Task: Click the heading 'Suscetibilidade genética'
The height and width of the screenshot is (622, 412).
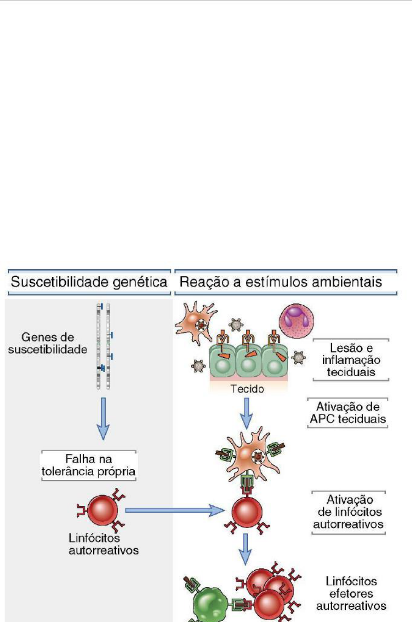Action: point(89,282)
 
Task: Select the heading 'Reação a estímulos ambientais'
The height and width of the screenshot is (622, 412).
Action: point(280,282)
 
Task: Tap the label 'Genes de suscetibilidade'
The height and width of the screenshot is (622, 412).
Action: point(48,343)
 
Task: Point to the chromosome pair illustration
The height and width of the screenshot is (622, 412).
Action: point(104,346)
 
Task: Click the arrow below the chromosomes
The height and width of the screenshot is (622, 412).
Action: point(104,419)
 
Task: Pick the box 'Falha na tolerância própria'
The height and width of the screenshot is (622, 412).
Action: point(89,465)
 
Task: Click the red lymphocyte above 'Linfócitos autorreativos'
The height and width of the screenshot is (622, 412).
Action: point(103,510)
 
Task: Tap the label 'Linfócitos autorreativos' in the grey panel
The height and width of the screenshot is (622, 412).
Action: point(103,544)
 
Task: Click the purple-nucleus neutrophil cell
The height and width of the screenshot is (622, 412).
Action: point(297,321)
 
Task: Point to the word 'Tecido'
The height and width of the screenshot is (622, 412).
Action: point(247,389)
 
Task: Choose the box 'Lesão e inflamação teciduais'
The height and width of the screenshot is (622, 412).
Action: point(351,360)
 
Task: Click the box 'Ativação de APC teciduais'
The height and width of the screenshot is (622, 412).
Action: point(348,413)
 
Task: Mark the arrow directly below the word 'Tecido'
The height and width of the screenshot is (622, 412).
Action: point(247,413)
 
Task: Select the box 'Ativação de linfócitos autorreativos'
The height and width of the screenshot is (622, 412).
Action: point(349,512)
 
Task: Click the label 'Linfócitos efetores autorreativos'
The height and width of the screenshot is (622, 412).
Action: point(351,593)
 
